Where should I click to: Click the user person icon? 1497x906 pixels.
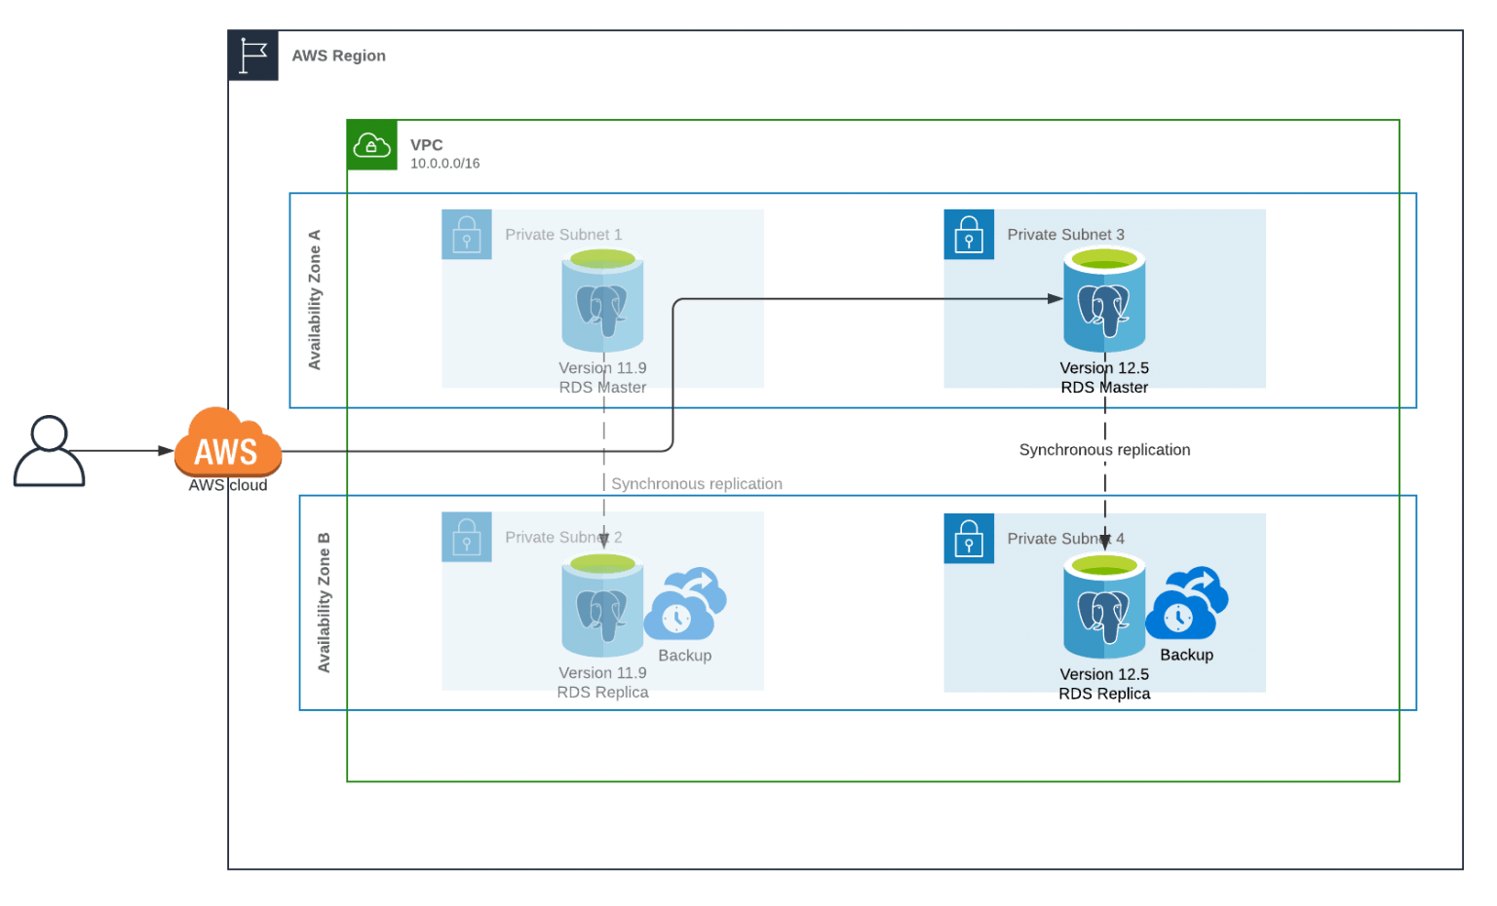[x=49, y=451]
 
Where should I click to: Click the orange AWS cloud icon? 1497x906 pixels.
[x=228, y=445]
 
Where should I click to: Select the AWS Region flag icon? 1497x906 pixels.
[x=253, y=56]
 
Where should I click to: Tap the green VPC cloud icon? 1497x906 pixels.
[x=372, y=145]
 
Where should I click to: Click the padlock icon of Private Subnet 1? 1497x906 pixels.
[x=467, y=235]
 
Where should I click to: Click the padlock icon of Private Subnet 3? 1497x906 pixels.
[x=969, y=235]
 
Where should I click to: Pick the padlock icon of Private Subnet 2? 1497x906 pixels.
[x=467, y=537]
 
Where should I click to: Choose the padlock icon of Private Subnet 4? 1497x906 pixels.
[x=969, y=539]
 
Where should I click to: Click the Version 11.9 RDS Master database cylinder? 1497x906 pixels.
[x=602, y=299]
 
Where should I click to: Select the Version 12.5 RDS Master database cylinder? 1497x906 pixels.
[x=1104, y=299]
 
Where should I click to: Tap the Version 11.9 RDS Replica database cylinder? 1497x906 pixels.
[x=602, y=604]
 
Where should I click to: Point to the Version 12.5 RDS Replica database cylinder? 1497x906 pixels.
[x=1104, y=605]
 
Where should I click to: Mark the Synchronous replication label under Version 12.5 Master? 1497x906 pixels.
[x=1104, y=450]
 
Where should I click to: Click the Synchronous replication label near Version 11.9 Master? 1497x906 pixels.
[x=696, y=484]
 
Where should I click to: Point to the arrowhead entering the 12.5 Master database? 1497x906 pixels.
[x=1056, y=299]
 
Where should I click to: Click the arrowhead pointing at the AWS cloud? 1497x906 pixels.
[x=166, y=451]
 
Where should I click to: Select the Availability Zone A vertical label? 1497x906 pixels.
[x=315, y=300]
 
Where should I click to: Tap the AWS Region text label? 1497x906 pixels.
[x=338, y=57]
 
